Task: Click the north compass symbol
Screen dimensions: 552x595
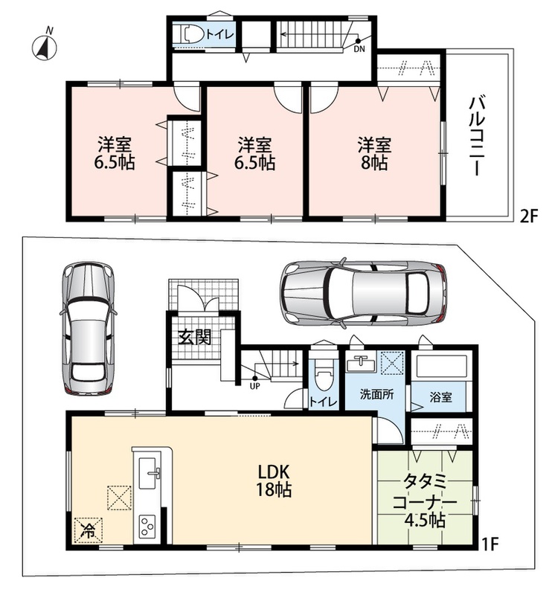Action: pos(44,47)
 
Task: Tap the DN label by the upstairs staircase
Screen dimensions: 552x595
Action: pos(359,49)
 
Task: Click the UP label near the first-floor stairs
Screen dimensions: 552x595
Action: pos(254,386)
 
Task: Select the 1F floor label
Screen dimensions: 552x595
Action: pos(490,544)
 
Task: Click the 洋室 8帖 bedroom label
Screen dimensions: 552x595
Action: pos(374,154)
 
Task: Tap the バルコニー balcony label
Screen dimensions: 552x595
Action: pos(477,136)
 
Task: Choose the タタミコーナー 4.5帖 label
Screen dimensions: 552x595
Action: pos(425,501)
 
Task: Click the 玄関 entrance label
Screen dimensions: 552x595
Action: pos(195,337)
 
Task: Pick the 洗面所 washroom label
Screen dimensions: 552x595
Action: pos(376,395)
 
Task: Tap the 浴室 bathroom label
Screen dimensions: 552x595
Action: pos(440,397)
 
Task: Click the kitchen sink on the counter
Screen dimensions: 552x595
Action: pos(147,473)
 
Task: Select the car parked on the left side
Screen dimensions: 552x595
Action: pos(88,329)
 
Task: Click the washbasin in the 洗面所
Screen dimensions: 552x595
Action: pos(361,363)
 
